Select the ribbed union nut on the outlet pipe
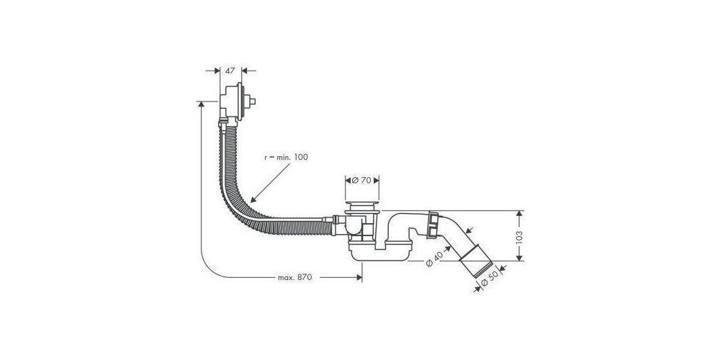[434, 223]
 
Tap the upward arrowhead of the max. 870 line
[199, 104]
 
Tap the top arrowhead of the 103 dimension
[518, 214]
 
